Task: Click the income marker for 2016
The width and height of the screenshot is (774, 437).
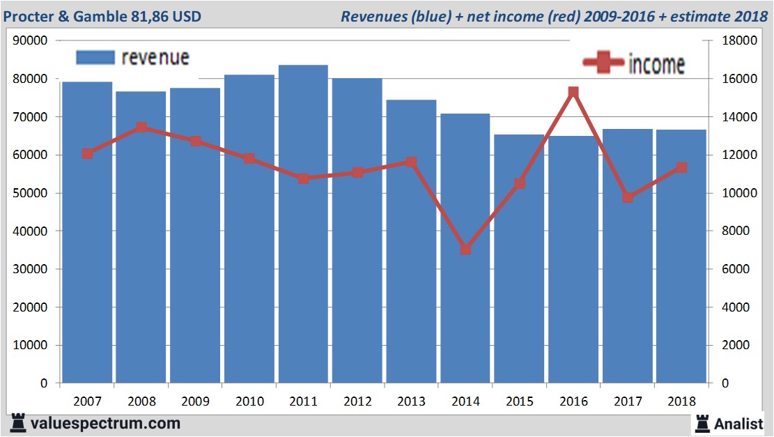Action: [x=573, y=92]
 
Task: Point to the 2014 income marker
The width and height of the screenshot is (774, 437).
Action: [x=465, y=249]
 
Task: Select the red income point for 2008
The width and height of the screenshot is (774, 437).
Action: [x=141, y=128]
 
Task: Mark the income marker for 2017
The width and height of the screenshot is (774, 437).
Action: [x=628, y=197]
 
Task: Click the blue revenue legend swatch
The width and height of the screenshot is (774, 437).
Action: [x=95, y=58]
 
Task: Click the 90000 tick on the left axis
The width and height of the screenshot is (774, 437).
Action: [x=30, y=40]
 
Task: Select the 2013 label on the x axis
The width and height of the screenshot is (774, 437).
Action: [x=411, y=402]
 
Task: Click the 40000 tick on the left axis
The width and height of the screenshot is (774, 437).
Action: [x=30, y=231]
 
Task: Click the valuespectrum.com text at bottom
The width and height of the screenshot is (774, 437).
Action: [x=104, y=423]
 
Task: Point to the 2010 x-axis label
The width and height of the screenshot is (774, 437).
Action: [x=249, y=402]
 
